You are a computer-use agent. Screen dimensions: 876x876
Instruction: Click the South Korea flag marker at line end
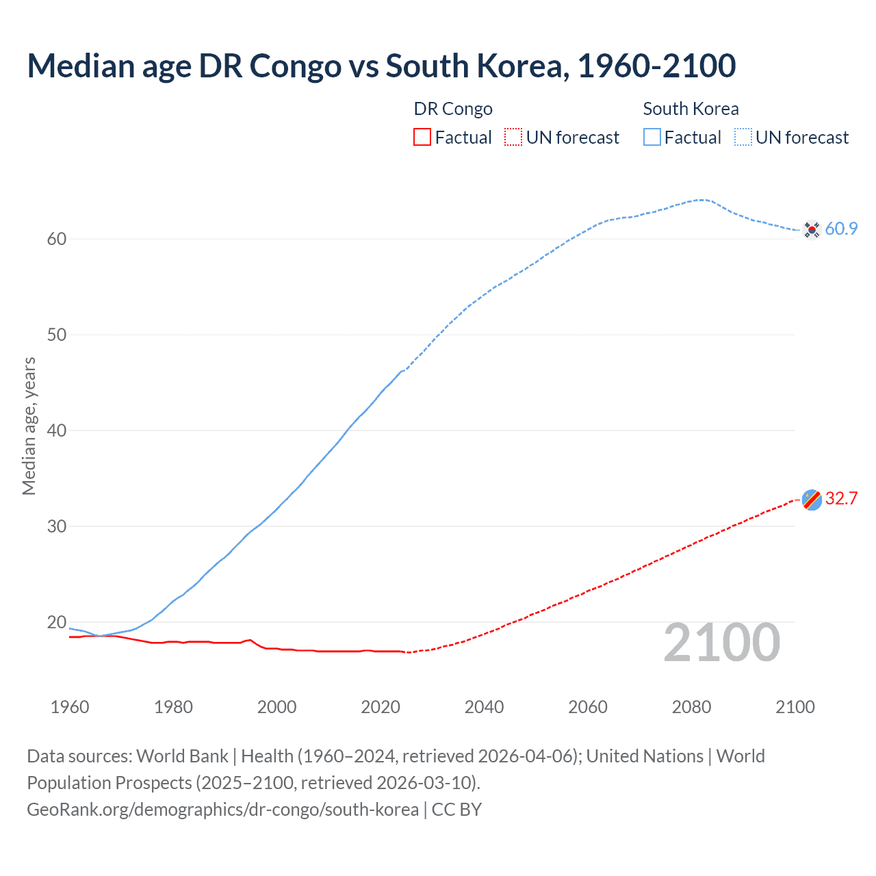tap(812, 230)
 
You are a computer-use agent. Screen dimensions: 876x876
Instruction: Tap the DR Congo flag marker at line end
tap(812, 500)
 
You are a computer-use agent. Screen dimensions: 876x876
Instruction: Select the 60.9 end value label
tap(841, 229)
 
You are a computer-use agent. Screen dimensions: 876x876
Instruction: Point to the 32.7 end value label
tap(841, 499)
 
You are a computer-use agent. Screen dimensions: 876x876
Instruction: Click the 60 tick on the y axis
tap(57, 240)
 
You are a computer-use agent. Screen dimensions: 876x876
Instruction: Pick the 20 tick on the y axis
tap(57, 623)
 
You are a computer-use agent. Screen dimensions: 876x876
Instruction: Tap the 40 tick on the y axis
tap(57, 431)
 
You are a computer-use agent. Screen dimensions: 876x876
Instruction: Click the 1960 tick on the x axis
tap(70, 707)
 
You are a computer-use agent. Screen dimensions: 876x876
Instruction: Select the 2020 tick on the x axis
tap(381, 707)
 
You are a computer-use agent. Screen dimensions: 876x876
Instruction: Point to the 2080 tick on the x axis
tap(691, 707)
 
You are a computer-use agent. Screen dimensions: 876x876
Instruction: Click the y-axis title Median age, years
tap(29, 426)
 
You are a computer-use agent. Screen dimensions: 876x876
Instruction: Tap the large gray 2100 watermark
tap(721, 643)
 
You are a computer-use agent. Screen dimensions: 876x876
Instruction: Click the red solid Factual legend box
tap(422, 138)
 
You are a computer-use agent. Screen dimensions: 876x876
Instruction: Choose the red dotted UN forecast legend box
tap(513, 138)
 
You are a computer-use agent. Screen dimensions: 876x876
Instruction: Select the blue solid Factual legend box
tap(652, 138)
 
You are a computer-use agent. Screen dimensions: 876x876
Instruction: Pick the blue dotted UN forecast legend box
tap(743, 138)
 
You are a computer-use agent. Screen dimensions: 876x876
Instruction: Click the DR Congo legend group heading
tap(453, 109)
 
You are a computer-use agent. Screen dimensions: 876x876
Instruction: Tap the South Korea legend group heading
tap(691, 109)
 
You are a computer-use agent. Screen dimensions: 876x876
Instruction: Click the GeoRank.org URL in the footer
tap(222, 810)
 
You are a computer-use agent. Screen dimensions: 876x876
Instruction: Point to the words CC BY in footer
tap(456, 810)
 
